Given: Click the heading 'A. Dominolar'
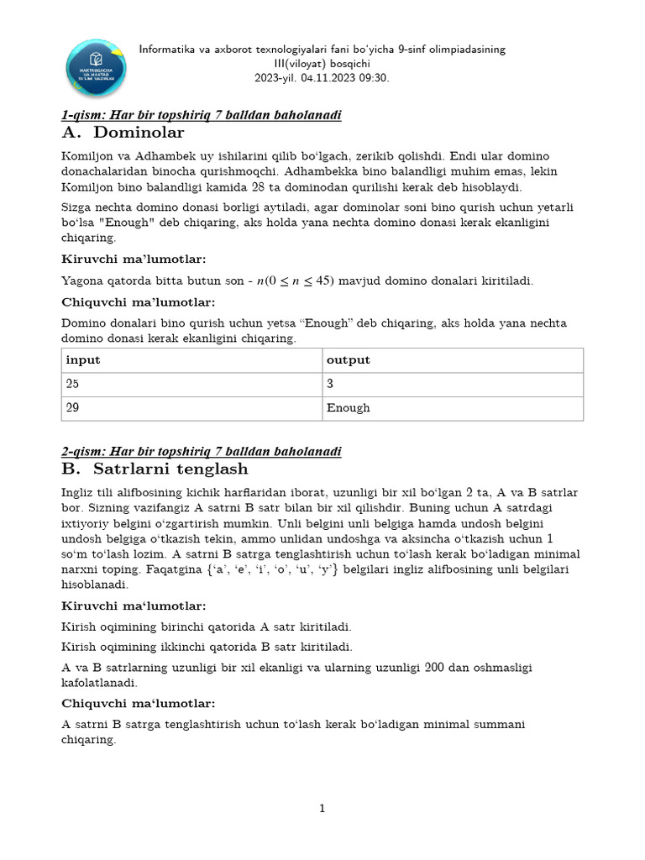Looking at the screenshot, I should [123, 133].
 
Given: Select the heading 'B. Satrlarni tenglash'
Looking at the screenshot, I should [155, 469].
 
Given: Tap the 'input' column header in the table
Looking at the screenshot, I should [83, 360].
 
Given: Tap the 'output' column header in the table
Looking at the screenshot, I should [349, 360].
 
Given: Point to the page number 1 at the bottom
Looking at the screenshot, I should [322, 809].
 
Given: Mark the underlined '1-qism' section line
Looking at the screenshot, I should [202, 115].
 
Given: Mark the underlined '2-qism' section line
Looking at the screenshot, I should [202, 452].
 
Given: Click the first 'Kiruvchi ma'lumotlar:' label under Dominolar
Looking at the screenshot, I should [134, 259].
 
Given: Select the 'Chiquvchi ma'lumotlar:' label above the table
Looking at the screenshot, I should [139, 302].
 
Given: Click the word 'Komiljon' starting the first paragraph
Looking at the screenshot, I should [87, 157].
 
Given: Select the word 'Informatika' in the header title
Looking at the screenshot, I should [168, 50].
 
